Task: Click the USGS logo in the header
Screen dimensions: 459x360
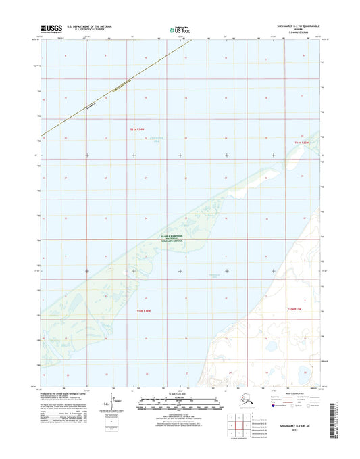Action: (51, 29)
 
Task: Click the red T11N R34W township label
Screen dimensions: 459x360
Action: (139, 129)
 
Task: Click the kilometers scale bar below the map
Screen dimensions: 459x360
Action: (180, 400)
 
